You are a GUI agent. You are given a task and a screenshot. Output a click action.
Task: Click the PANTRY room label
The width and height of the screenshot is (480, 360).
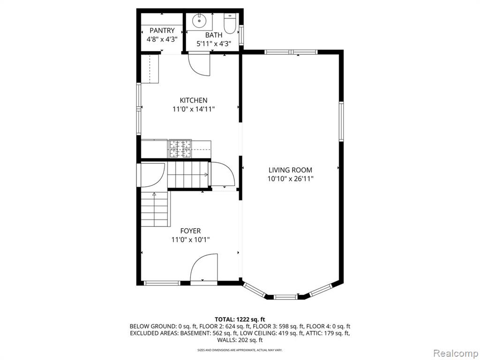pos(162,30)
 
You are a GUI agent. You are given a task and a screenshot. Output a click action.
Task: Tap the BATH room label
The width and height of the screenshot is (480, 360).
pos(214,35)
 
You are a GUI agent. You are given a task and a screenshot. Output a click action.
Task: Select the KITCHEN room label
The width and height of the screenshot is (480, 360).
pos(194,100)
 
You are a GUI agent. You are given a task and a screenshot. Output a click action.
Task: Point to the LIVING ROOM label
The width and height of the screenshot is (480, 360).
pos(290,170)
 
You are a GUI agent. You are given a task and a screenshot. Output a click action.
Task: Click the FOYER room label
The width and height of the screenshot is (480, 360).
pos(190,231)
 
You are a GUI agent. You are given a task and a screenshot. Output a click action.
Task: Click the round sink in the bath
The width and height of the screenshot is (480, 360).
pos(199,21)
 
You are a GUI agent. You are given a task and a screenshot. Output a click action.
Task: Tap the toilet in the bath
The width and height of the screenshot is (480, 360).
pos(229,23)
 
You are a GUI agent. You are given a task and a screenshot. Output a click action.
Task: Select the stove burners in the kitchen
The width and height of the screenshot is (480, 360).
pos(180,149)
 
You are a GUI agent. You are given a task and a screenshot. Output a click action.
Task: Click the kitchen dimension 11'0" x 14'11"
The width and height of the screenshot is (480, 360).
pos(194,109)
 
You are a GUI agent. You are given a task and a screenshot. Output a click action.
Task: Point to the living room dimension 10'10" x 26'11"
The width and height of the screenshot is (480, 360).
pos(290,179)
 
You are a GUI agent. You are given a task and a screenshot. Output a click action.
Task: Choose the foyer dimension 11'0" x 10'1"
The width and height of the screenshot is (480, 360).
pos(190,240)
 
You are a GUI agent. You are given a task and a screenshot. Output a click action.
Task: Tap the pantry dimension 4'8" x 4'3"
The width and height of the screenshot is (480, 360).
pos(162,39)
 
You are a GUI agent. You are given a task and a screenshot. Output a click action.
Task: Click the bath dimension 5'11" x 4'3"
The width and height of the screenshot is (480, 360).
pos(214,44)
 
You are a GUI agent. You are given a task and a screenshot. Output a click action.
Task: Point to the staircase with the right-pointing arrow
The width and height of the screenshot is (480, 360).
pos(187,175)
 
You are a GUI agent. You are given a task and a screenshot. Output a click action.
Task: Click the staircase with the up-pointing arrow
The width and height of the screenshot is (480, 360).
pos(155,209)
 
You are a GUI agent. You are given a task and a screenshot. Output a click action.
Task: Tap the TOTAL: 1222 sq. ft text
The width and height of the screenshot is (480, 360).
pos(240,320)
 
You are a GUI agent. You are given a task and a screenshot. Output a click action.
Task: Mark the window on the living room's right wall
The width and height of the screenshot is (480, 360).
pos(341,121)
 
